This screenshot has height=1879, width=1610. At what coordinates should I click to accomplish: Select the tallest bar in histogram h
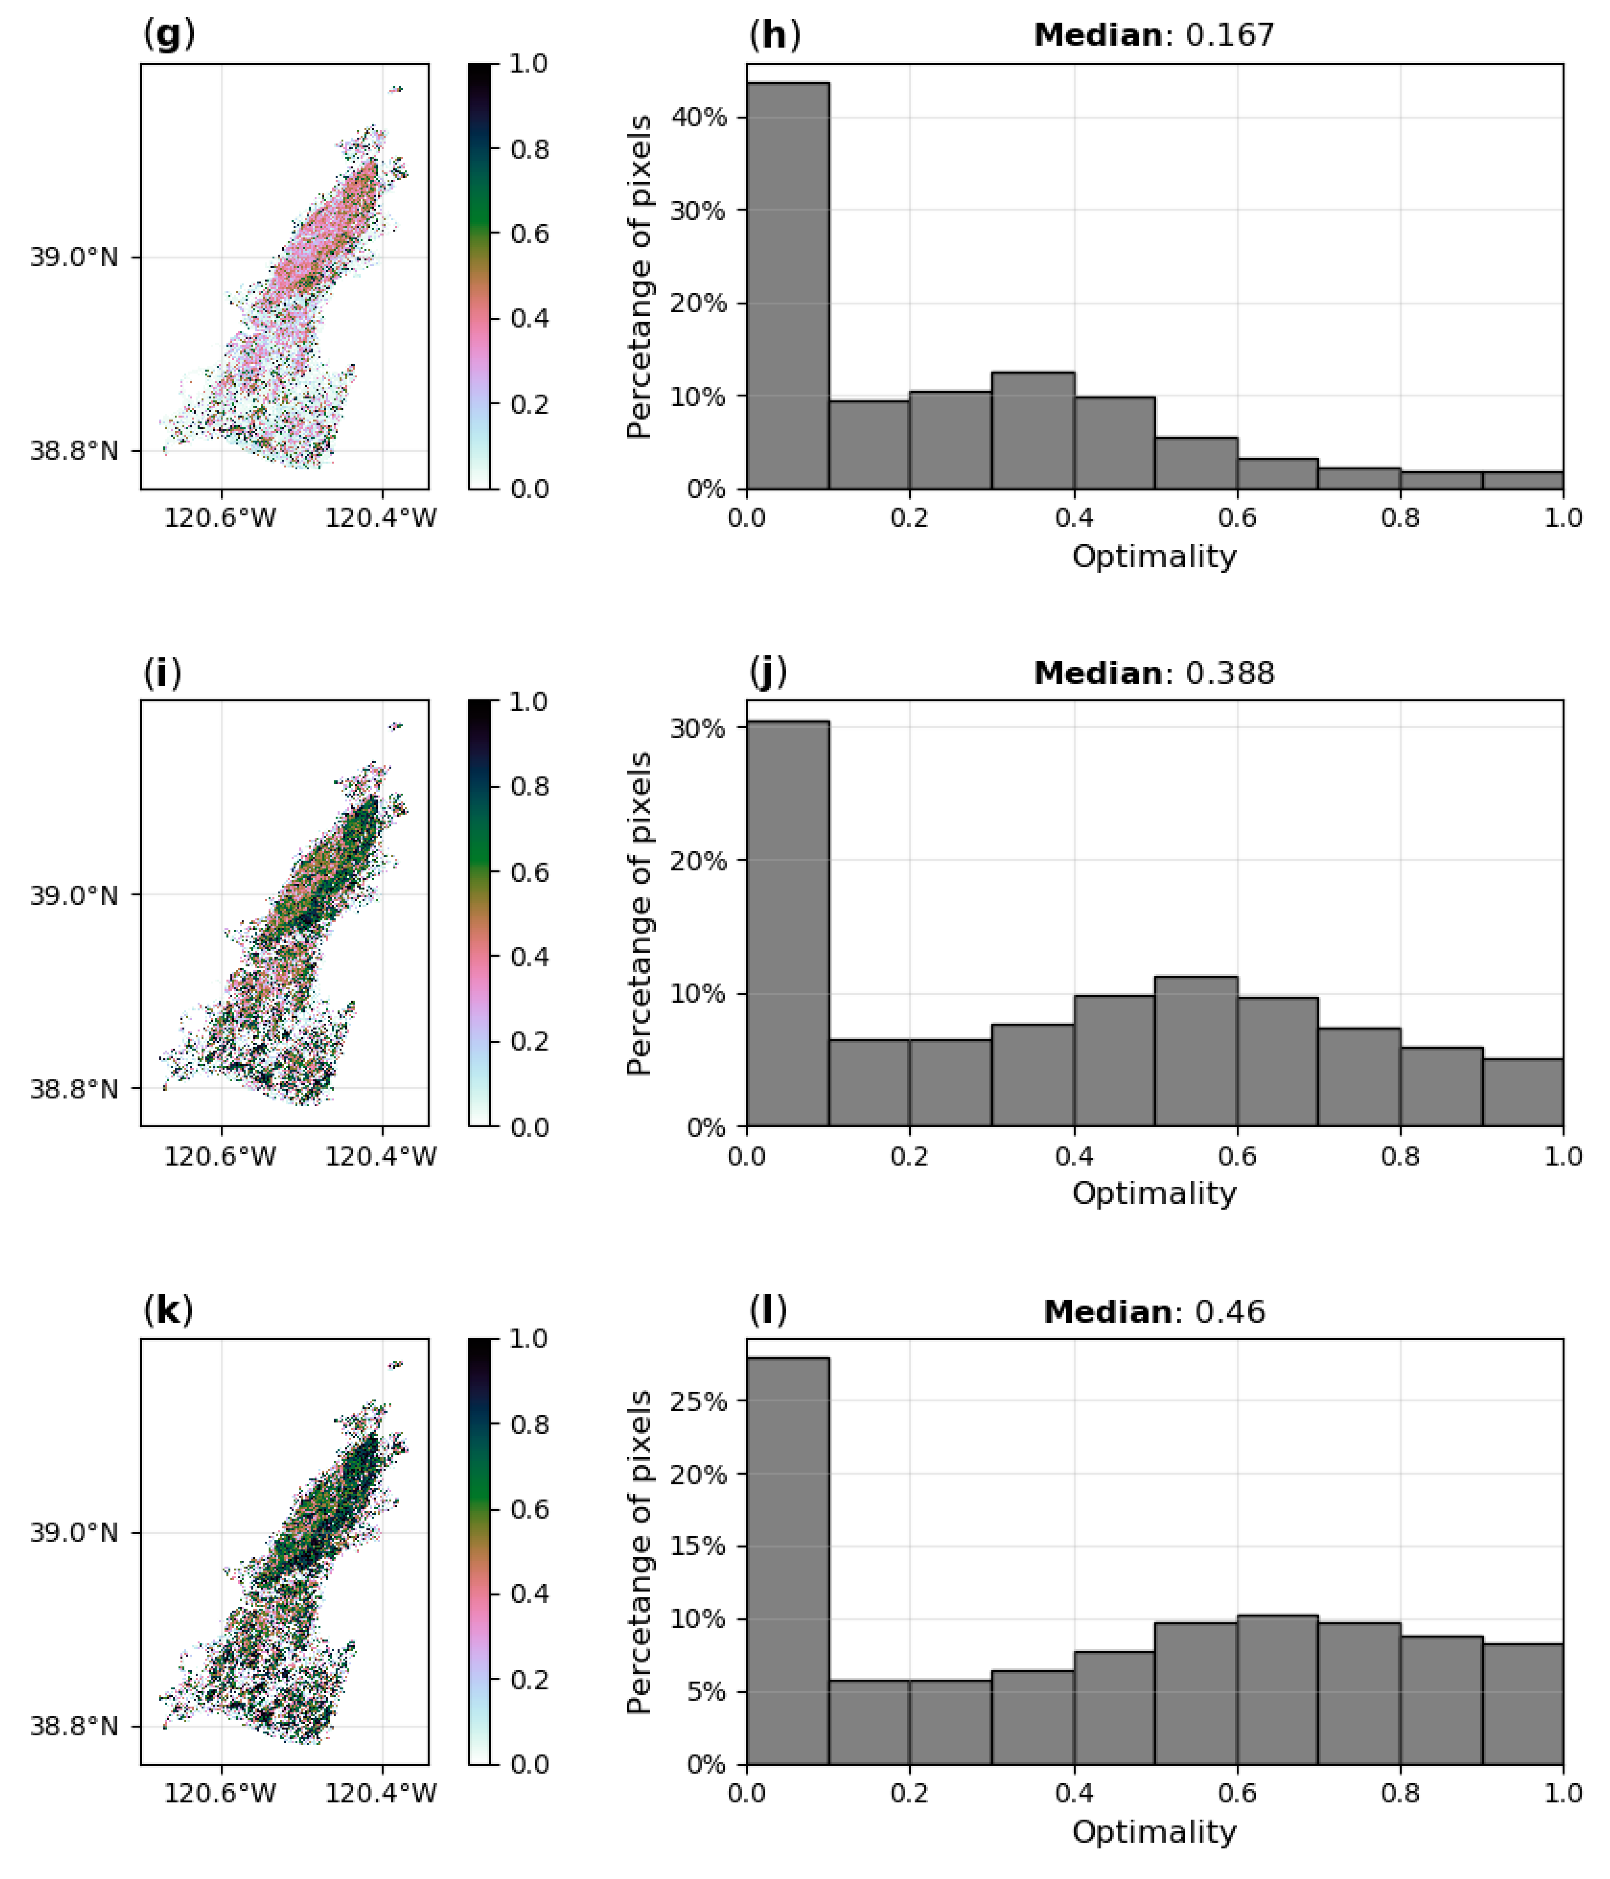[x=787, y=286]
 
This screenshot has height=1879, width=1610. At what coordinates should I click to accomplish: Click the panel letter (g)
[x=169, y=34]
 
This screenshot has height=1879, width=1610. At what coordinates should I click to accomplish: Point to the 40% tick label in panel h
[x=698, y=117]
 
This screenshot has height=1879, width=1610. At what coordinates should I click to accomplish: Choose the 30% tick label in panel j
[x=698, y=728]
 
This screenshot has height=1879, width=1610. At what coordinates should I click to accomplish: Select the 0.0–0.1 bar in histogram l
[x=787, y=1560]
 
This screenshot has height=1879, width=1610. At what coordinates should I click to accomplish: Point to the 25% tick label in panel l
[x=698, y=1401]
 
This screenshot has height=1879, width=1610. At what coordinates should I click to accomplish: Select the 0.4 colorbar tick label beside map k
[x=529, y=1593]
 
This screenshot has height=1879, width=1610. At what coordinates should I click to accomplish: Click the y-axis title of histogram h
[x=639, y=277]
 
